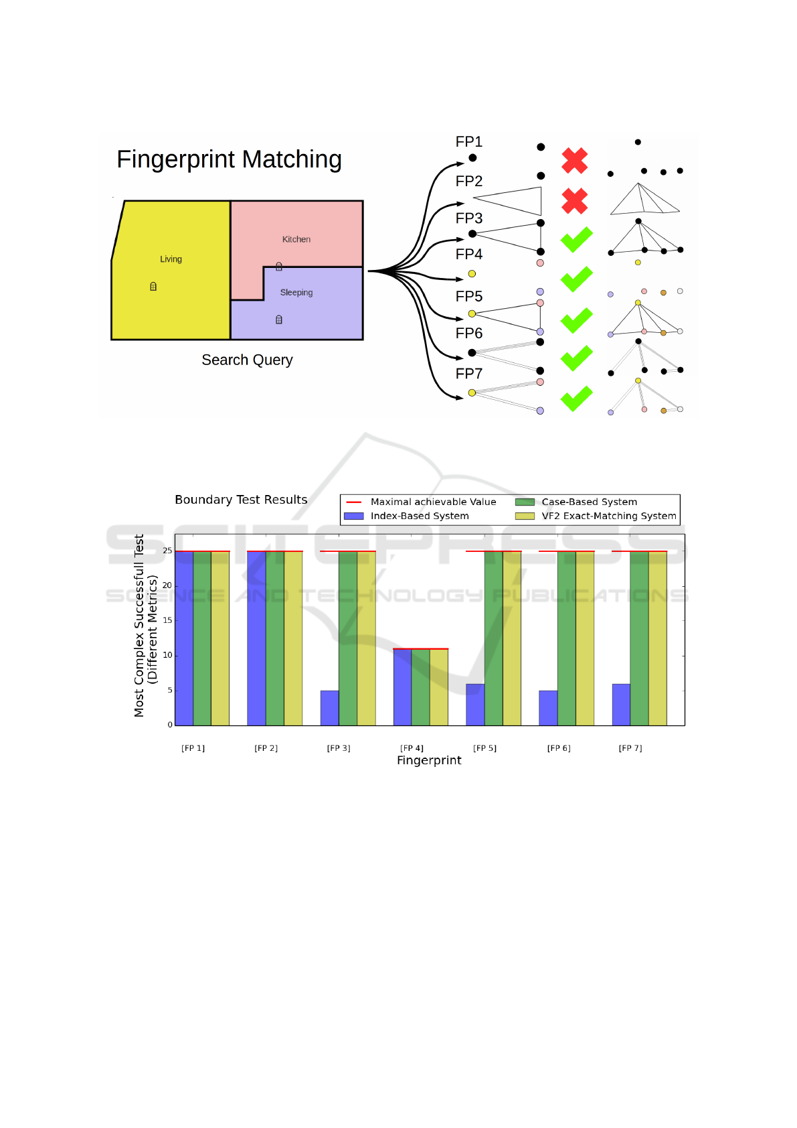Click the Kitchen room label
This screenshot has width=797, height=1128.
tap(296, 239)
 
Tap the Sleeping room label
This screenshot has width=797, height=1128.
tap(296, 293)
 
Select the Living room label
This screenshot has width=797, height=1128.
tap(171, 259)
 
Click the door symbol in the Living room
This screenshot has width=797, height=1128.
tap(153, 287)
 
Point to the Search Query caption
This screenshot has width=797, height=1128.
tap(247, 360)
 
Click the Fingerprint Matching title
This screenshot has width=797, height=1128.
tap(229, 159)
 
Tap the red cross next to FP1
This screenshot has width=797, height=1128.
tap(574, 161)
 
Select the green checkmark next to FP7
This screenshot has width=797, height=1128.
tap(576, 399)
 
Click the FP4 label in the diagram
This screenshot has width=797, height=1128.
tap(468, 255)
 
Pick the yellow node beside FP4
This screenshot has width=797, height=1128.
tap(472, 274)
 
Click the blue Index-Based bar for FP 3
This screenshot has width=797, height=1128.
tap(329, 707)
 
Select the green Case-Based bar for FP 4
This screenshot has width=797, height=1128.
tap(420, 687)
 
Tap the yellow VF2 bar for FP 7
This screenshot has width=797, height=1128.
tap(657, 638)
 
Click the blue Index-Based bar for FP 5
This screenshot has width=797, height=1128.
tap(475, 704)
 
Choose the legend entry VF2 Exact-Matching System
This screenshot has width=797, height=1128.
tap(608, 516)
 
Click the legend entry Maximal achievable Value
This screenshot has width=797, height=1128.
tap(433, 502)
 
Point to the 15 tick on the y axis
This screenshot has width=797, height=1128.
tap(167, 620)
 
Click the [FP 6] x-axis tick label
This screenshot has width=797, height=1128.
tap(559, 748)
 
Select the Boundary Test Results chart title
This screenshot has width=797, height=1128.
tap(241, 500)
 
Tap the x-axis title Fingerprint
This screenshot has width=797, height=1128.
tap(429, 760)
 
